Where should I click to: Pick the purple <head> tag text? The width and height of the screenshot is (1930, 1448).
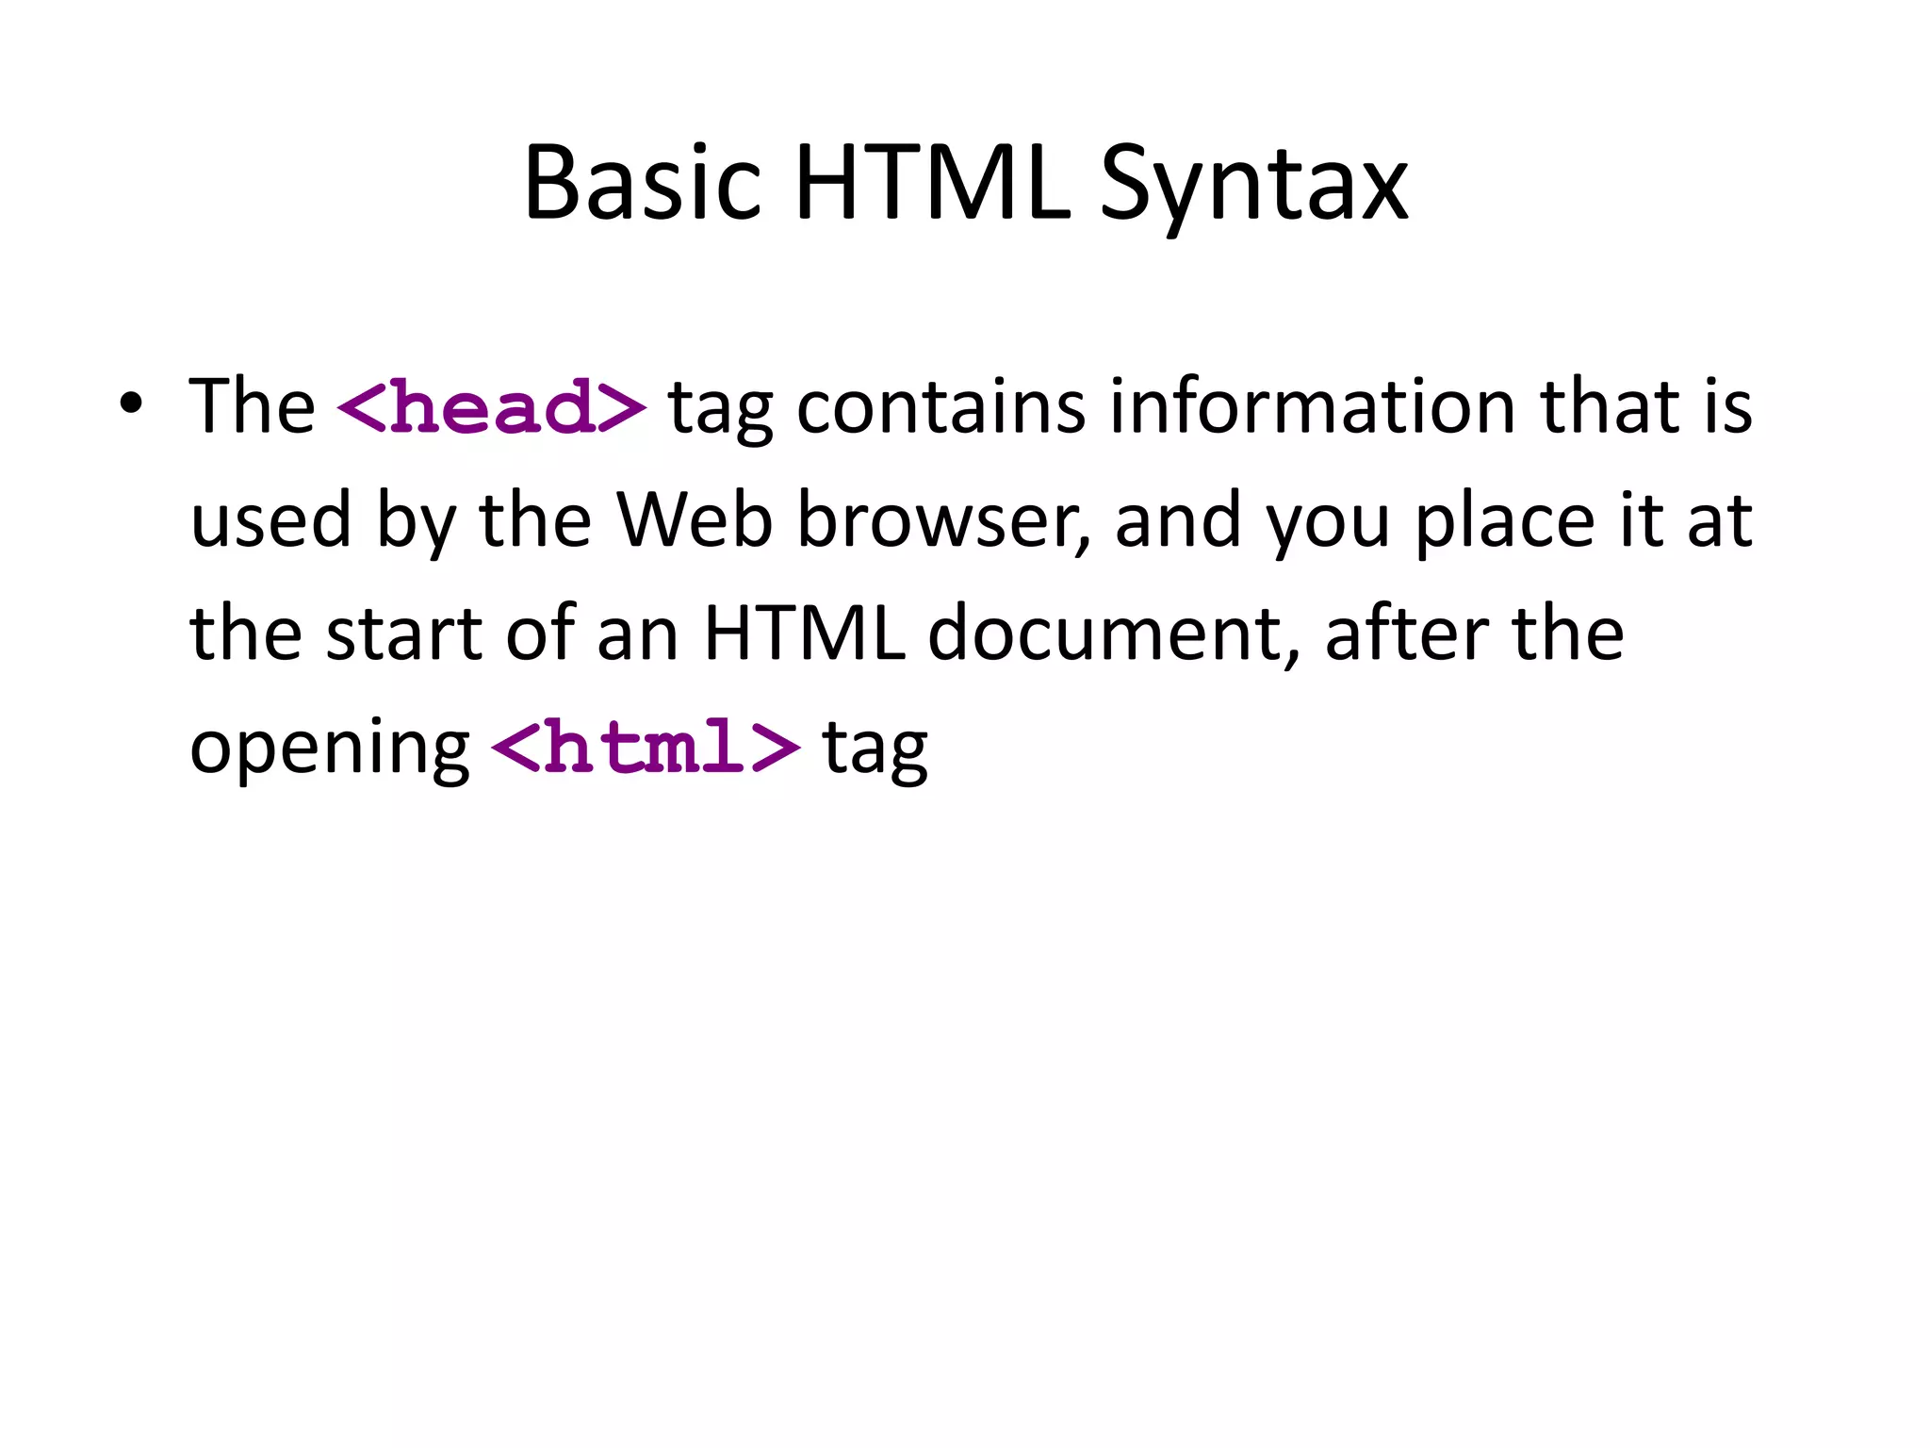(491, 407)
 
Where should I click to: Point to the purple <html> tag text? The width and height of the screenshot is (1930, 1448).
(646, 747)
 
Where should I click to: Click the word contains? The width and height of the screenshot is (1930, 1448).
(940, 406)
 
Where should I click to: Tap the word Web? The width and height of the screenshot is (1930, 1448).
(695, 519)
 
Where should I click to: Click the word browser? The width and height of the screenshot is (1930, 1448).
(943, 521)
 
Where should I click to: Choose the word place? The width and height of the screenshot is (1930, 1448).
(1504, 521)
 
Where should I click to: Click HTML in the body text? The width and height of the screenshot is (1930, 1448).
(804, 633)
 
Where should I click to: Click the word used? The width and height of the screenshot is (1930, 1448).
(270, 519)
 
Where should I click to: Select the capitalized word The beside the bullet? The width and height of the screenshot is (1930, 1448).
(252, 406)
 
